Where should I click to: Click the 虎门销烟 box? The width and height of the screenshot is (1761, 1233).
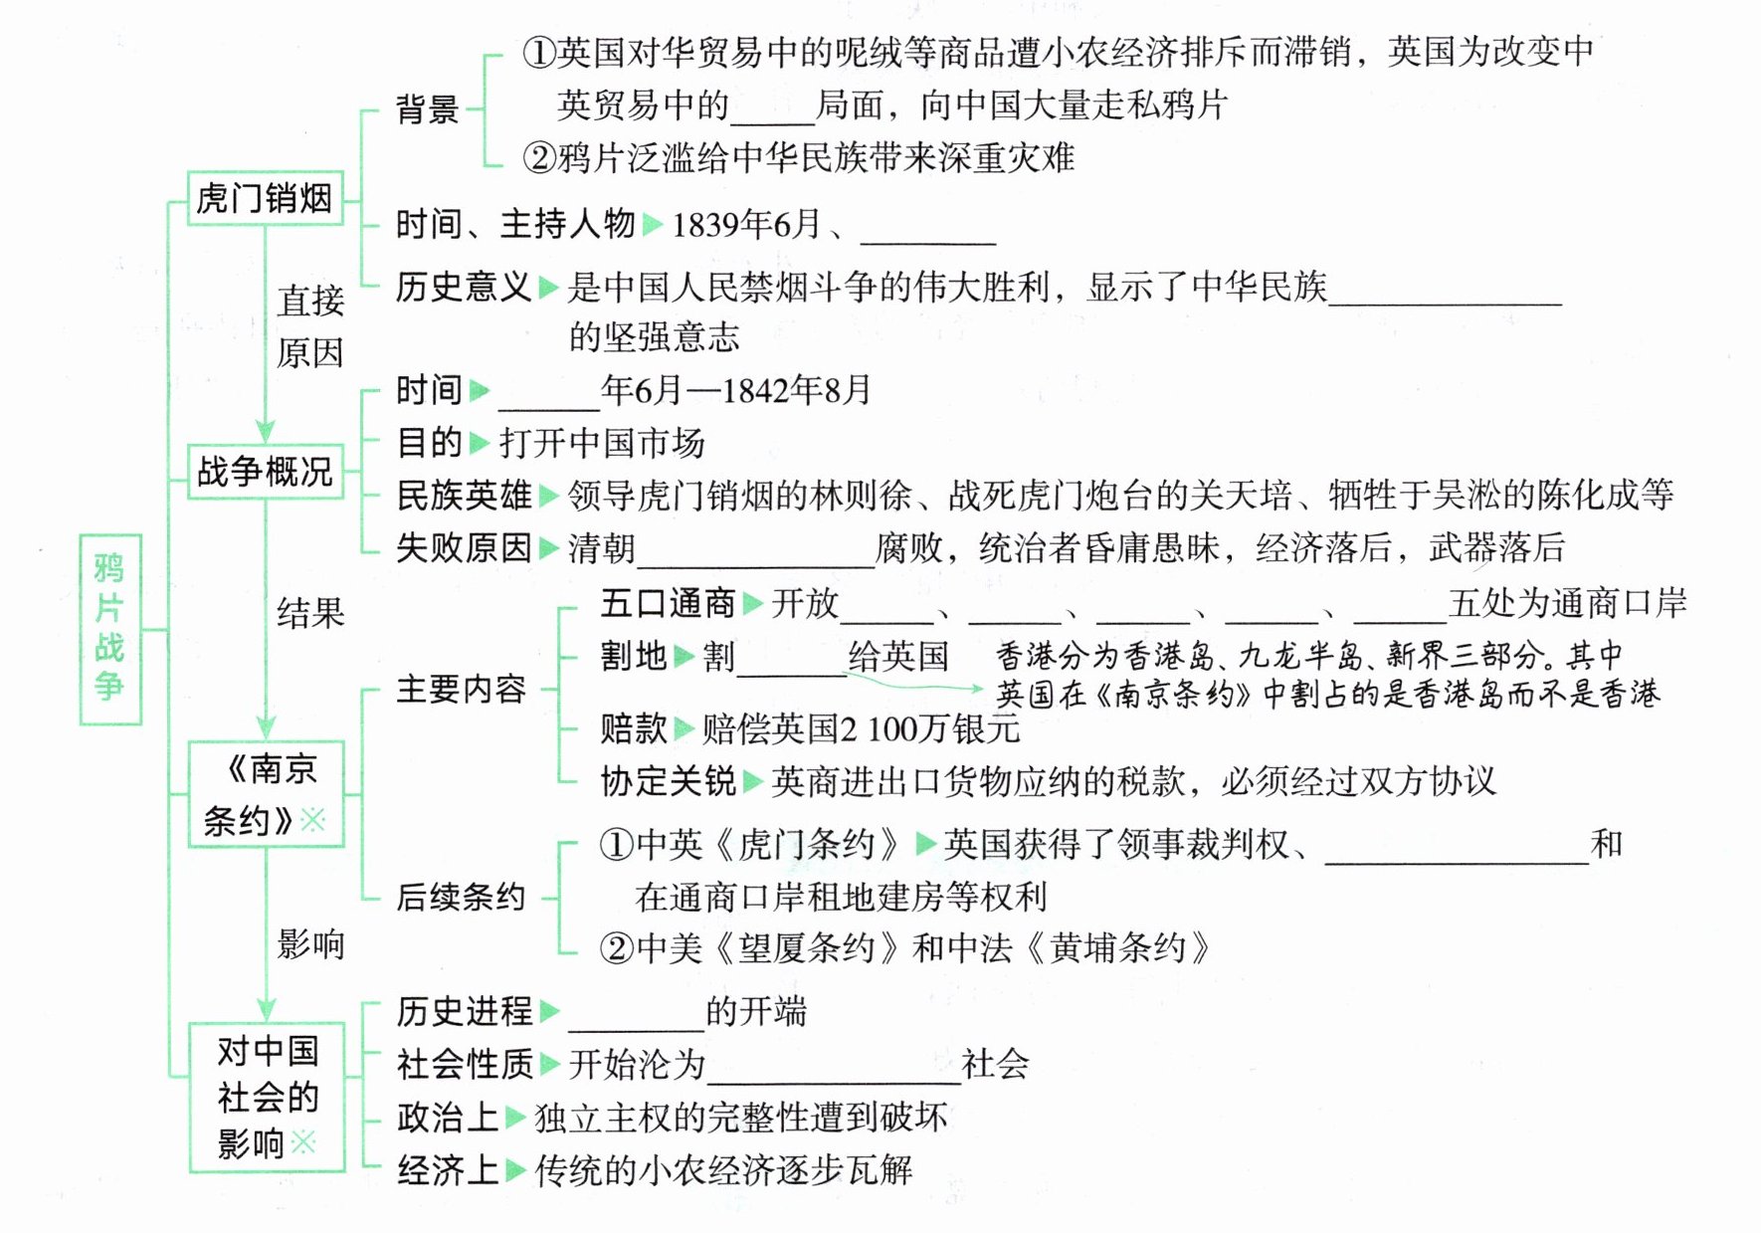tap(265, 198)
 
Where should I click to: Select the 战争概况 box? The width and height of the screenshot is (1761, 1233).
tap(265, 471)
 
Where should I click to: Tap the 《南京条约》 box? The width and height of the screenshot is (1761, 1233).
tap(266, 794)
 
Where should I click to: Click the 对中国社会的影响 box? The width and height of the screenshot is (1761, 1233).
tap(267, 1097)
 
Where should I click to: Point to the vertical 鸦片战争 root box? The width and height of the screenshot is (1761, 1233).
tap(109, 629)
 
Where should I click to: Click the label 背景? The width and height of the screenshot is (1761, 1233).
tap(427, 108)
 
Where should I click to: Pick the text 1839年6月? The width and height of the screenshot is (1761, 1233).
tap(746, 225)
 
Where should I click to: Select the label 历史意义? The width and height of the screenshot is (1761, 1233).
tap(463, 288)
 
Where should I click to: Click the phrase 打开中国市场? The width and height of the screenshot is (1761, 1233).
tap(602, 443)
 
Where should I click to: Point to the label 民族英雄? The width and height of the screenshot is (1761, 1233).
tap(463, 495)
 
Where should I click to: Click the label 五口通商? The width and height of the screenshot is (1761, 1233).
tap(667, 603)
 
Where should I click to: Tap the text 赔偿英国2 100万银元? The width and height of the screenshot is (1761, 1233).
tap(861, 729)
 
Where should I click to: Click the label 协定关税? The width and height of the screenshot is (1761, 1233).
tap(667, 781)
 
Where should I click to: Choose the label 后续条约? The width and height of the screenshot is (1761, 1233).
tap(460, 897)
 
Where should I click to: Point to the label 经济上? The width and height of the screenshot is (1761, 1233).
tap(447, 1170)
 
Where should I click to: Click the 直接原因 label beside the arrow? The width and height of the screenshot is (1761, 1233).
tap(310, 326)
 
